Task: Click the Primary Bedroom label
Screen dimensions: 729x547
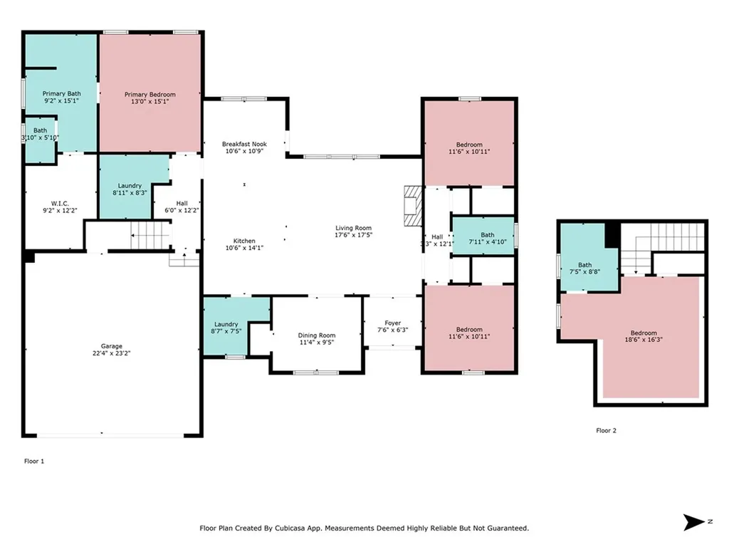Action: (x=150, y=95)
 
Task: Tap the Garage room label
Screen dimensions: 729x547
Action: (x=112, y=346)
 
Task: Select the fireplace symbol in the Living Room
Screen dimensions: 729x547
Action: (x=413, y=206)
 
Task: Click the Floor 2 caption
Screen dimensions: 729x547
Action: (x=607, y=431)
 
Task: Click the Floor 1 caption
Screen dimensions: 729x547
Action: (x=34, y=462)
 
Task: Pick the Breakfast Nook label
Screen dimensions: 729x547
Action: (x=244, y=144)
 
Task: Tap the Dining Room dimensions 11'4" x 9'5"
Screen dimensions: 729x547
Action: (x=317, y=343)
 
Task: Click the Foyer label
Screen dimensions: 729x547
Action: (x=393, y=323)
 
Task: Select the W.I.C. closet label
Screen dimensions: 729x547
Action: (x=60, y=203)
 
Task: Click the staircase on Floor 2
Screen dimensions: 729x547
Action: (x=664, y=247)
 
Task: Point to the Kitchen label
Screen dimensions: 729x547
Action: (x=244, y=241)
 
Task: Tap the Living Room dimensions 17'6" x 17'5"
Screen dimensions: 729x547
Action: (x=353, y=235)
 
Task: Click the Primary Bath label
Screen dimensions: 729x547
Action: (x=61, y=93)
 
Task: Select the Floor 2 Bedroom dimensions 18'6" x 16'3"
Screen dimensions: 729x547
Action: (x=644, y=340)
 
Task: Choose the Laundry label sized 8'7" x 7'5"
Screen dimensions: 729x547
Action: (x=226, y=324)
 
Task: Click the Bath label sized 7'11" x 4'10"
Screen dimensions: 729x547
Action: (x=488, y=235)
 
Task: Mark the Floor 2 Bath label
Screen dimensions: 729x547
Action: (x=585, y=265)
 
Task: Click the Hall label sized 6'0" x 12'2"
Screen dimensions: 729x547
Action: (x=182, y=203)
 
